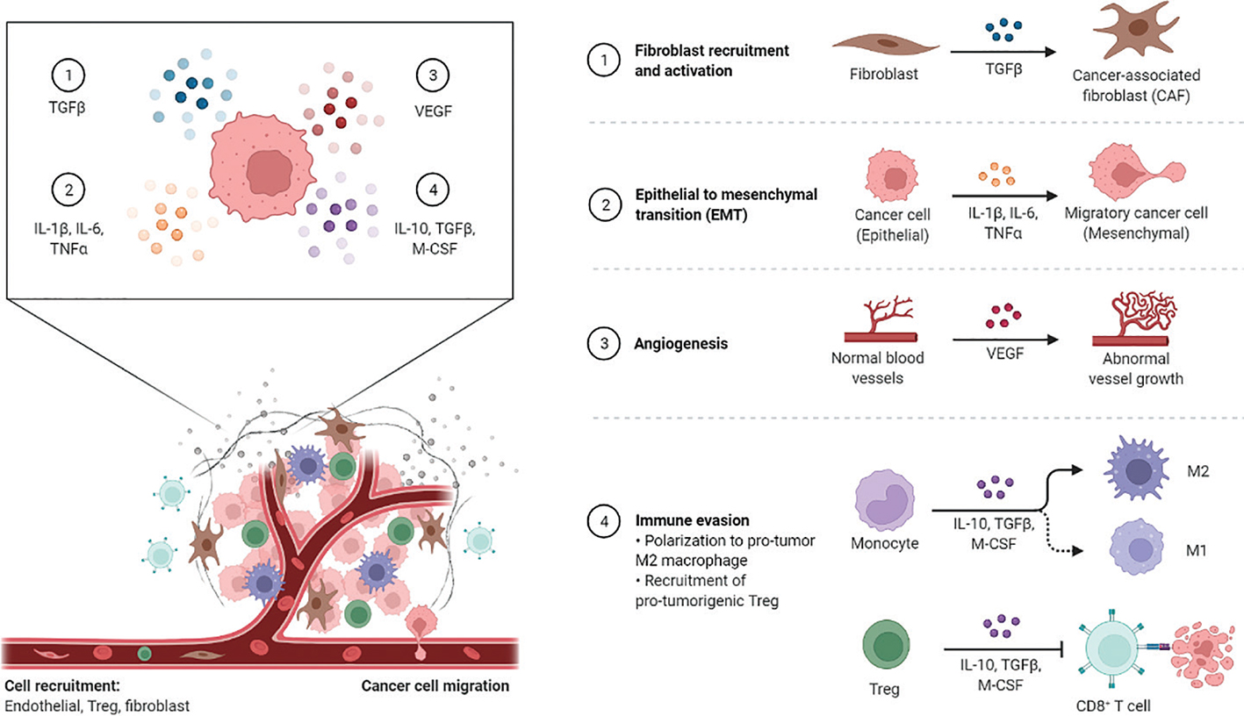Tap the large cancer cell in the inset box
pyautogui.click(x=262, y=167)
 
